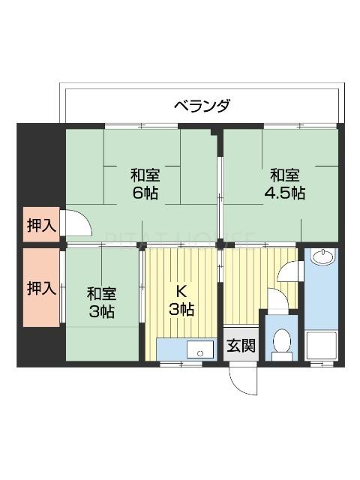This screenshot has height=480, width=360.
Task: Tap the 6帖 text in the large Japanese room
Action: [x=145, y=193]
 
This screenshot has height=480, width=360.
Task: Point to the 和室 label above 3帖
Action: [x=100, y=293]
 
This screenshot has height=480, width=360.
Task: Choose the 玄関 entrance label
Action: [x=241, y=346]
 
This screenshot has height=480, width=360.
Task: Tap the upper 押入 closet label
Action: [x=40, y=223]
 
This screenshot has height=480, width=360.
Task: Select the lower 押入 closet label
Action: [x=40, y=287]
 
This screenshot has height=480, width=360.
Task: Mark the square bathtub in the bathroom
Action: [x=322, y=345]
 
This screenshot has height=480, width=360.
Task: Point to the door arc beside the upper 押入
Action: [x=76, y=223]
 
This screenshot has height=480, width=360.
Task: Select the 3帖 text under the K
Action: [x=180, y=309]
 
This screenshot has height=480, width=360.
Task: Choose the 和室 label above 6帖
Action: [x=145, y=175]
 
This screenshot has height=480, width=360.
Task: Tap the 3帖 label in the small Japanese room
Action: [x=100, y=311]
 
